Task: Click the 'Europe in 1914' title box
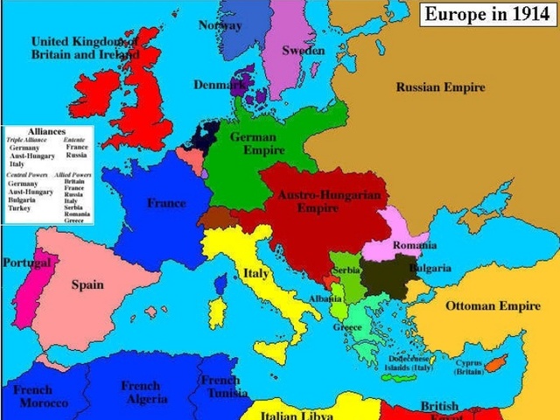[x=487, y=15]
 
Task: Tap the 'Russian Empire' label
[x=440, y=87]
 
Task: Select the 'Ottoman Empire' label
[x=493, y=306]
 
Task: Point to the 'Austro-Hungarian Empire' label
[x=329, y=202]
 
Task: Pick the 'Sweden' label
[x=303, y=51]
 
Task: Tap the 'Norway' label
[x=220, y=25]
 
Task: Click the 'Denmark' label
[x=219, y=85]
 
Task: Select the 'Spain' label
[x=87, y=284]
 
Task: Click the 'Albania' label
[x=325, y=298]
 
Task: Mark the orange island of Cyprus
[x=496, y=361]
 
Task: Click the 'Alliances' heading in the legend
[x=46, y=131]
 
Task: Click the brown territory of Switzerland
[x=216, y=217]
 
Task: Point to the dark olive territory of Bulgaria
[x=384, y=275]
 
